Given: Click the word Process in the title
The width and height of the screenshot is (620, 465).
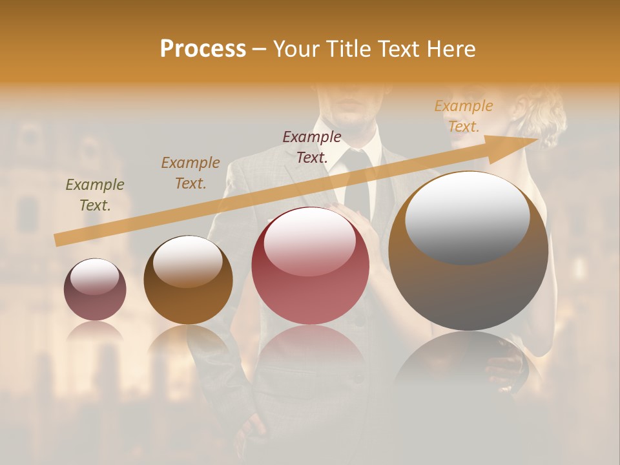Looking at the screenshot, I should coord(203,49).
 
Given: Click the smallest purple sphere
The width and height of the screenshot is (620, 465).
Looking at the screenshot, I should coord(95,290).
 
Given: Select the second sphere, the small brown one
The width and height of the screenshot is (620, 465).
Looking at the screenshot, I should coord(188,280).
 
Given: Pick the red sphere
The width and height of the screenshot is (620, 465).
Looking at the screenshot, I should coord(310,266).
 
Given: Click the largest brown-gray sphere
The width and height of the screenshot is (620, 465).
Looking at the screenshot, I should coord(468,251).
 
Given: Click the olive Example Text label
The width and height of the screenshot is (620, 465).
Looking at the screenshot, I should coord(95,195).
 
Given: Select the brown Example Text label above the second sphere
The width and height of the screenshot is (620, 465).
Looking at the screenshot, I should coord(191,173).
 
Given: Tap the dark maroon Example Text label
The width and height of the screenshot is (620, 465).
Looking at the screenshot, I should coord(312,147).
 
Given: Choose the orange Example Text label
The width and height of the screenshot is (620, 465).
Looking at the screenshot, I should coord(463,116).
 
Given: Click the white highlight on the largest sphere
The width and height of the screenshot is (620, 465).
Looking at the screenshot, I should coord(467,216).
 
